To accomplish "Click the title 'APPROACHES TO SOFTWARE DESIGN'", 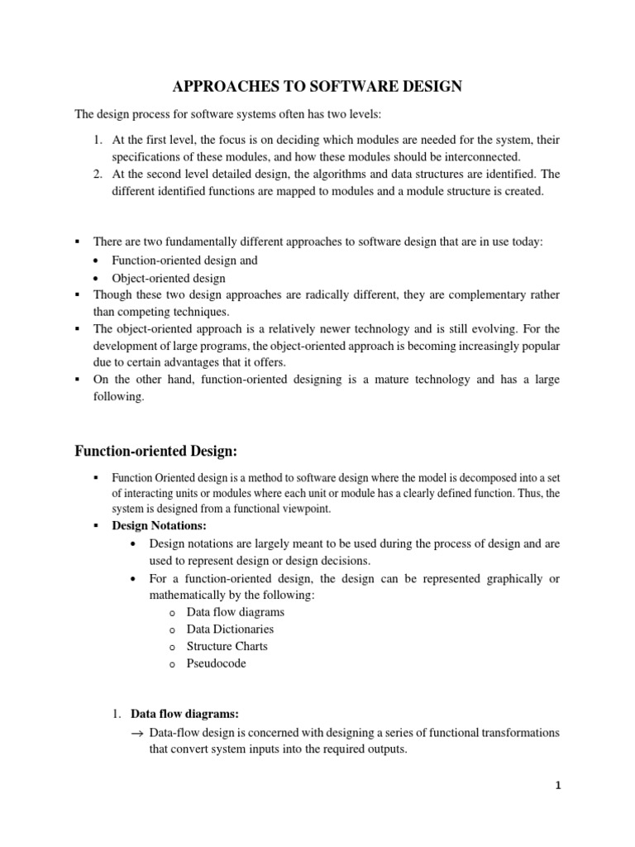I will pos(317,87).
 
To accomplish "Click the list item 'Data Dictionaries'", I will pos(230,629).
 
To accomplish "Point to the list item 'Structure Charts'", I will pos(227,646).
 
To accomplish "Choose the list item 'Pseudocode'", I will pos(216,663).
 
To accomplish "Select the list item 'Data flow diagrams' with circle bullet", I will pos(235,612).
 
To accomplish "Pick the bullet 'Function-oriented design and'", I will pos(185,260).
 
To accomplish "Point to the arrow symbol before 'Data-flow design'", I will pos(136,734).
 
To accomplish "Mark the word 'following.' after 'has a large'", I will pos(119,396).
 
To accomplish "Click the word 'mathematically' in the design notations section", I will pos(189,595).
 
